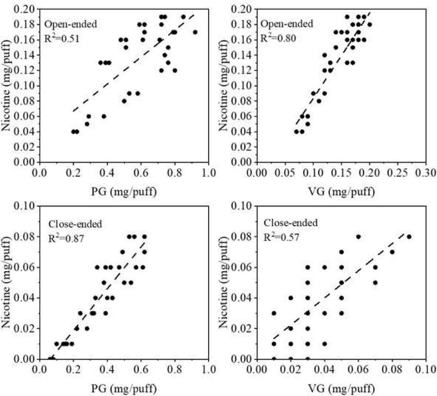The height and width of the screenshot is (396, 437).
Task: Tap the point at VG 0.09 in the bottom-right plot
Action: (x=409, y=236)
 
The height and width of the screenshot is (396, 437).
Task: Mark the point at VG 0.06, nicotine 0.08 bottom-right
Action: (x=358, y=236)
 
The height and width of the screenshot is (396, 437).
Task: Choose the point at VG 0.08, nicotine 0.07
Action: (x=392, y=252)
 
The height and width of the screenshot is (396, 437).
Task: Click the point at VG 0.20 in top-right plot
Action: (x=369, y=25)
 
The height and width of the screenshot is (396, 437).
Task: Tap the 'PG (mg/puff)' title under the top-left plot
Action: (x=124, y=192)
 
